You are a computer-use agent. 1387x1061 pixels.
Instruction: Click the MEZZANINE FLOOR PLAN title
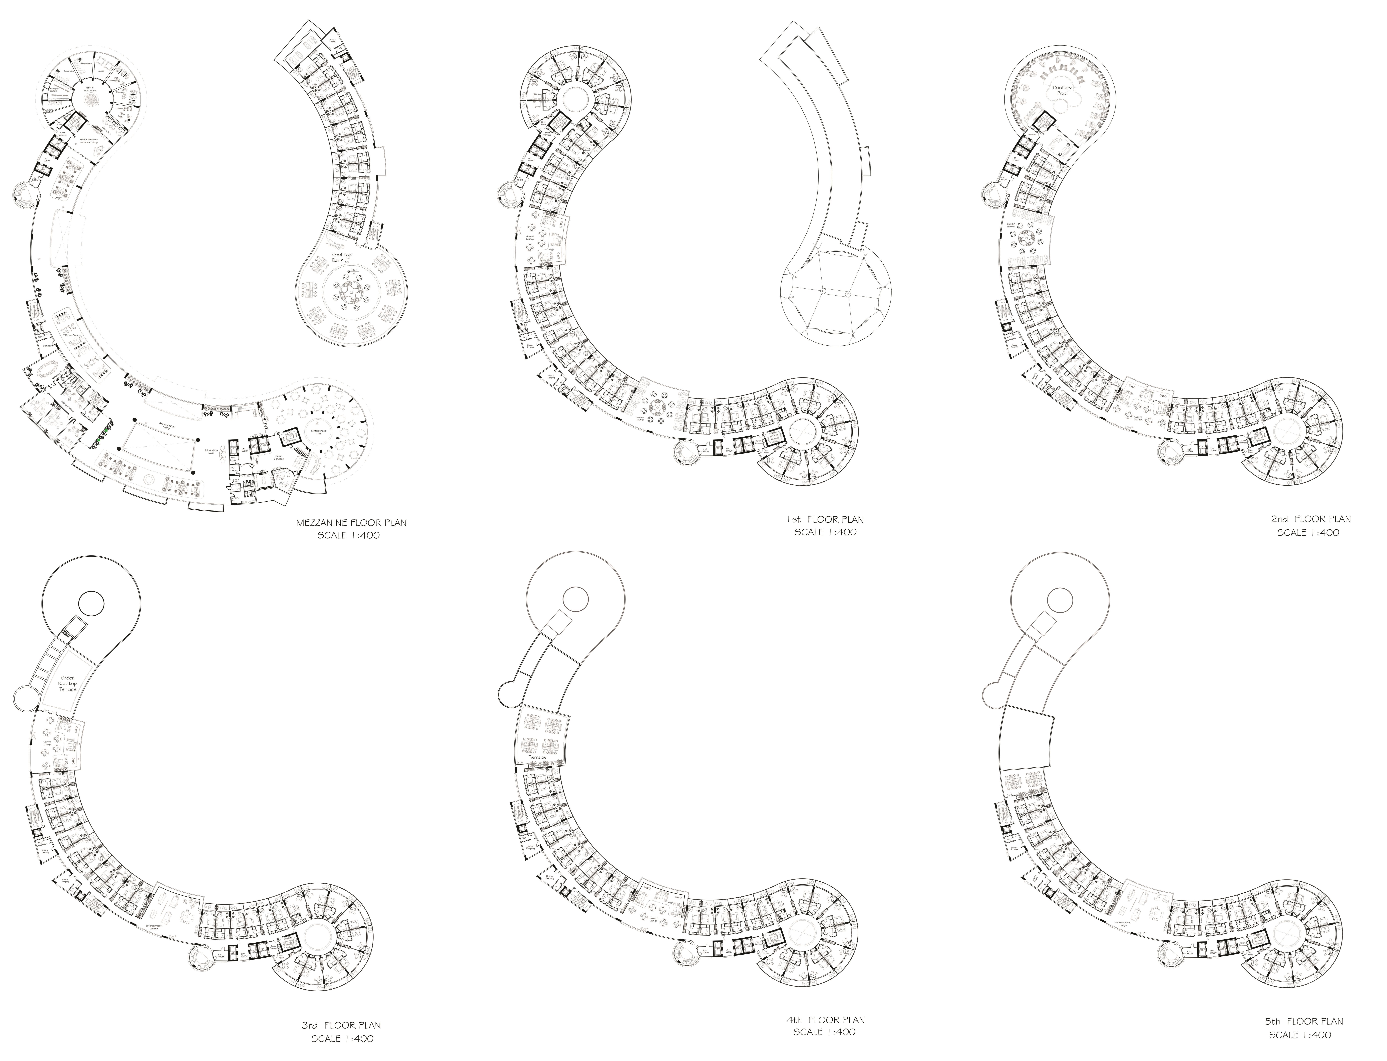click(x=351, y=523)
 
